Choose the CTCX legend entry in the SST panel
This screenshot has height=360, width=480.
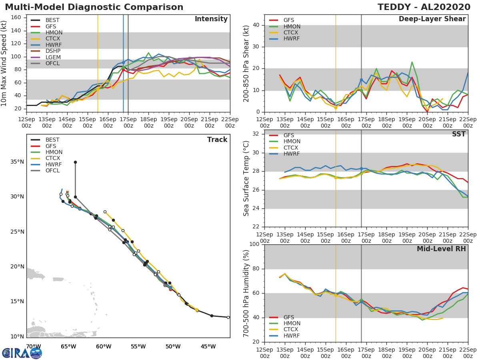click(292, 148)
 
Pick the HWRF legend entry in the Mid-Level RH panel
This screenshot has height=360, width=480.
click(292, 336)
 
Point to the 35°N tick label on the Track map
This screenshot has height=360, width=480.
click(17, 162)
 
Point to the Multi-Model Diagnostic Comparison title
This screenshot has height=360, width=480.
click(94, 7)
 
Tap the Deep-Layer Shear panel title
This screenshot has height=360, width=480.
click(432, 19)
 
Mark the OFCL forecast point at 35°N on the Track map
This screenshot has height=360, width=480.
click(75, 162)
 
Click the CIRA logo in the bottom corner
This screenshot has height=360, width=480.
click(22, 353)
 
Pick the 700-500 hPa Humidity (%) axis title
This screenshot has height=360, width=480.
click(246, 293)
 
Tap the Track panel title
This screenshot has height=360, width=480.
click(217, 140)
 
